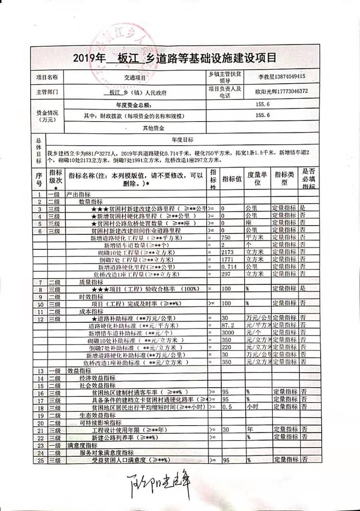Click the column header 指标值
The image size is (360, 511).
pos(232,179)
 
